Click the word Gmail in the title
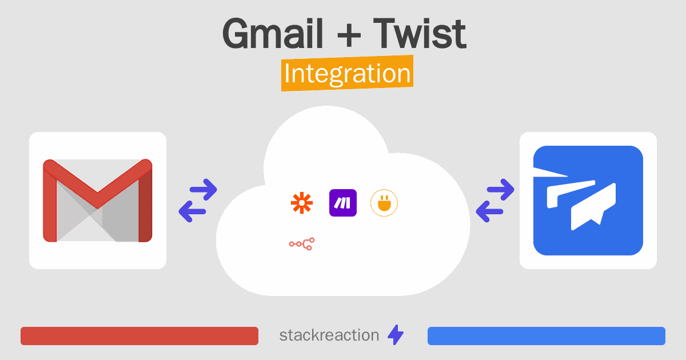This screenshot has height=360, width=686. (273, 34)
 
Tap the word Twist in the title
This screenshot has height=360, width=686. (420, 33)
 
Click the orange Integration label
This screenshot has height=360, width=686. (348, 73)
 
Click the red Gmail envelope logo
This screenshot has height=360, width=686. (98, 201)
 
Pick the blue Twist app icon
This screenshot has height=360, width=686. (588, 201)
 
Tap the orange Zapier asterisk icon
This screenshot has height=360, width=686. (302, 203)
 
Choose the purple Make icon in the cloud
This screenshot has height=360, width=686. (343, 203)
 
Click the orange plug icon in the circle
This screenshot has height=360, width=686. (384, 203)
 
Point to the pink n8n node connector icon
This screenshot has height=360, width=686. (302, 244)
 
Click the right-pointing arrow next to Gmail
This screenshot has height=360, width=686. (204, 190)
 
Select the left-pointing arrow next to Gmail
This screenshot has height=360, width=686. (192, 211)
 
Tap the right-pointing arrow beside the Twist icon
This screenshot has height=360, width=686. (500, 190)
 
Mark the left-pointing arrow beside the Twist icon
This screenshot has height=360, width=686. (489, 211)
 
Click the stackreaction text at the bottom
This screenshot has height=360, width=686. (329, 335)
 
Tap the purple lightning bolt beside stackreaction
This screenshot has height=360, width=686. (396, 335)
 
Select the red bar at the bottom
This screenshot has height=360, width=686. (139, 336)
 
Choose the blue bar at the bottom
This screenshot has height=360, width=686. (547, 336)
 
